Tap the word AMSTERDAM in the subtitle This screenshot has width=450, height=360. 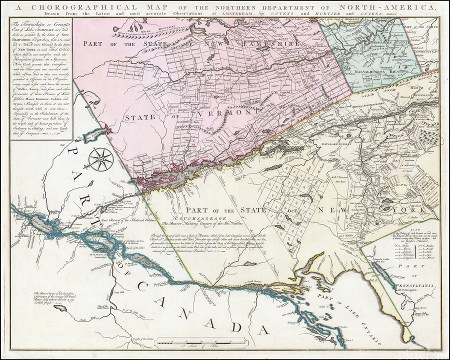(x=236, y=14)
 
